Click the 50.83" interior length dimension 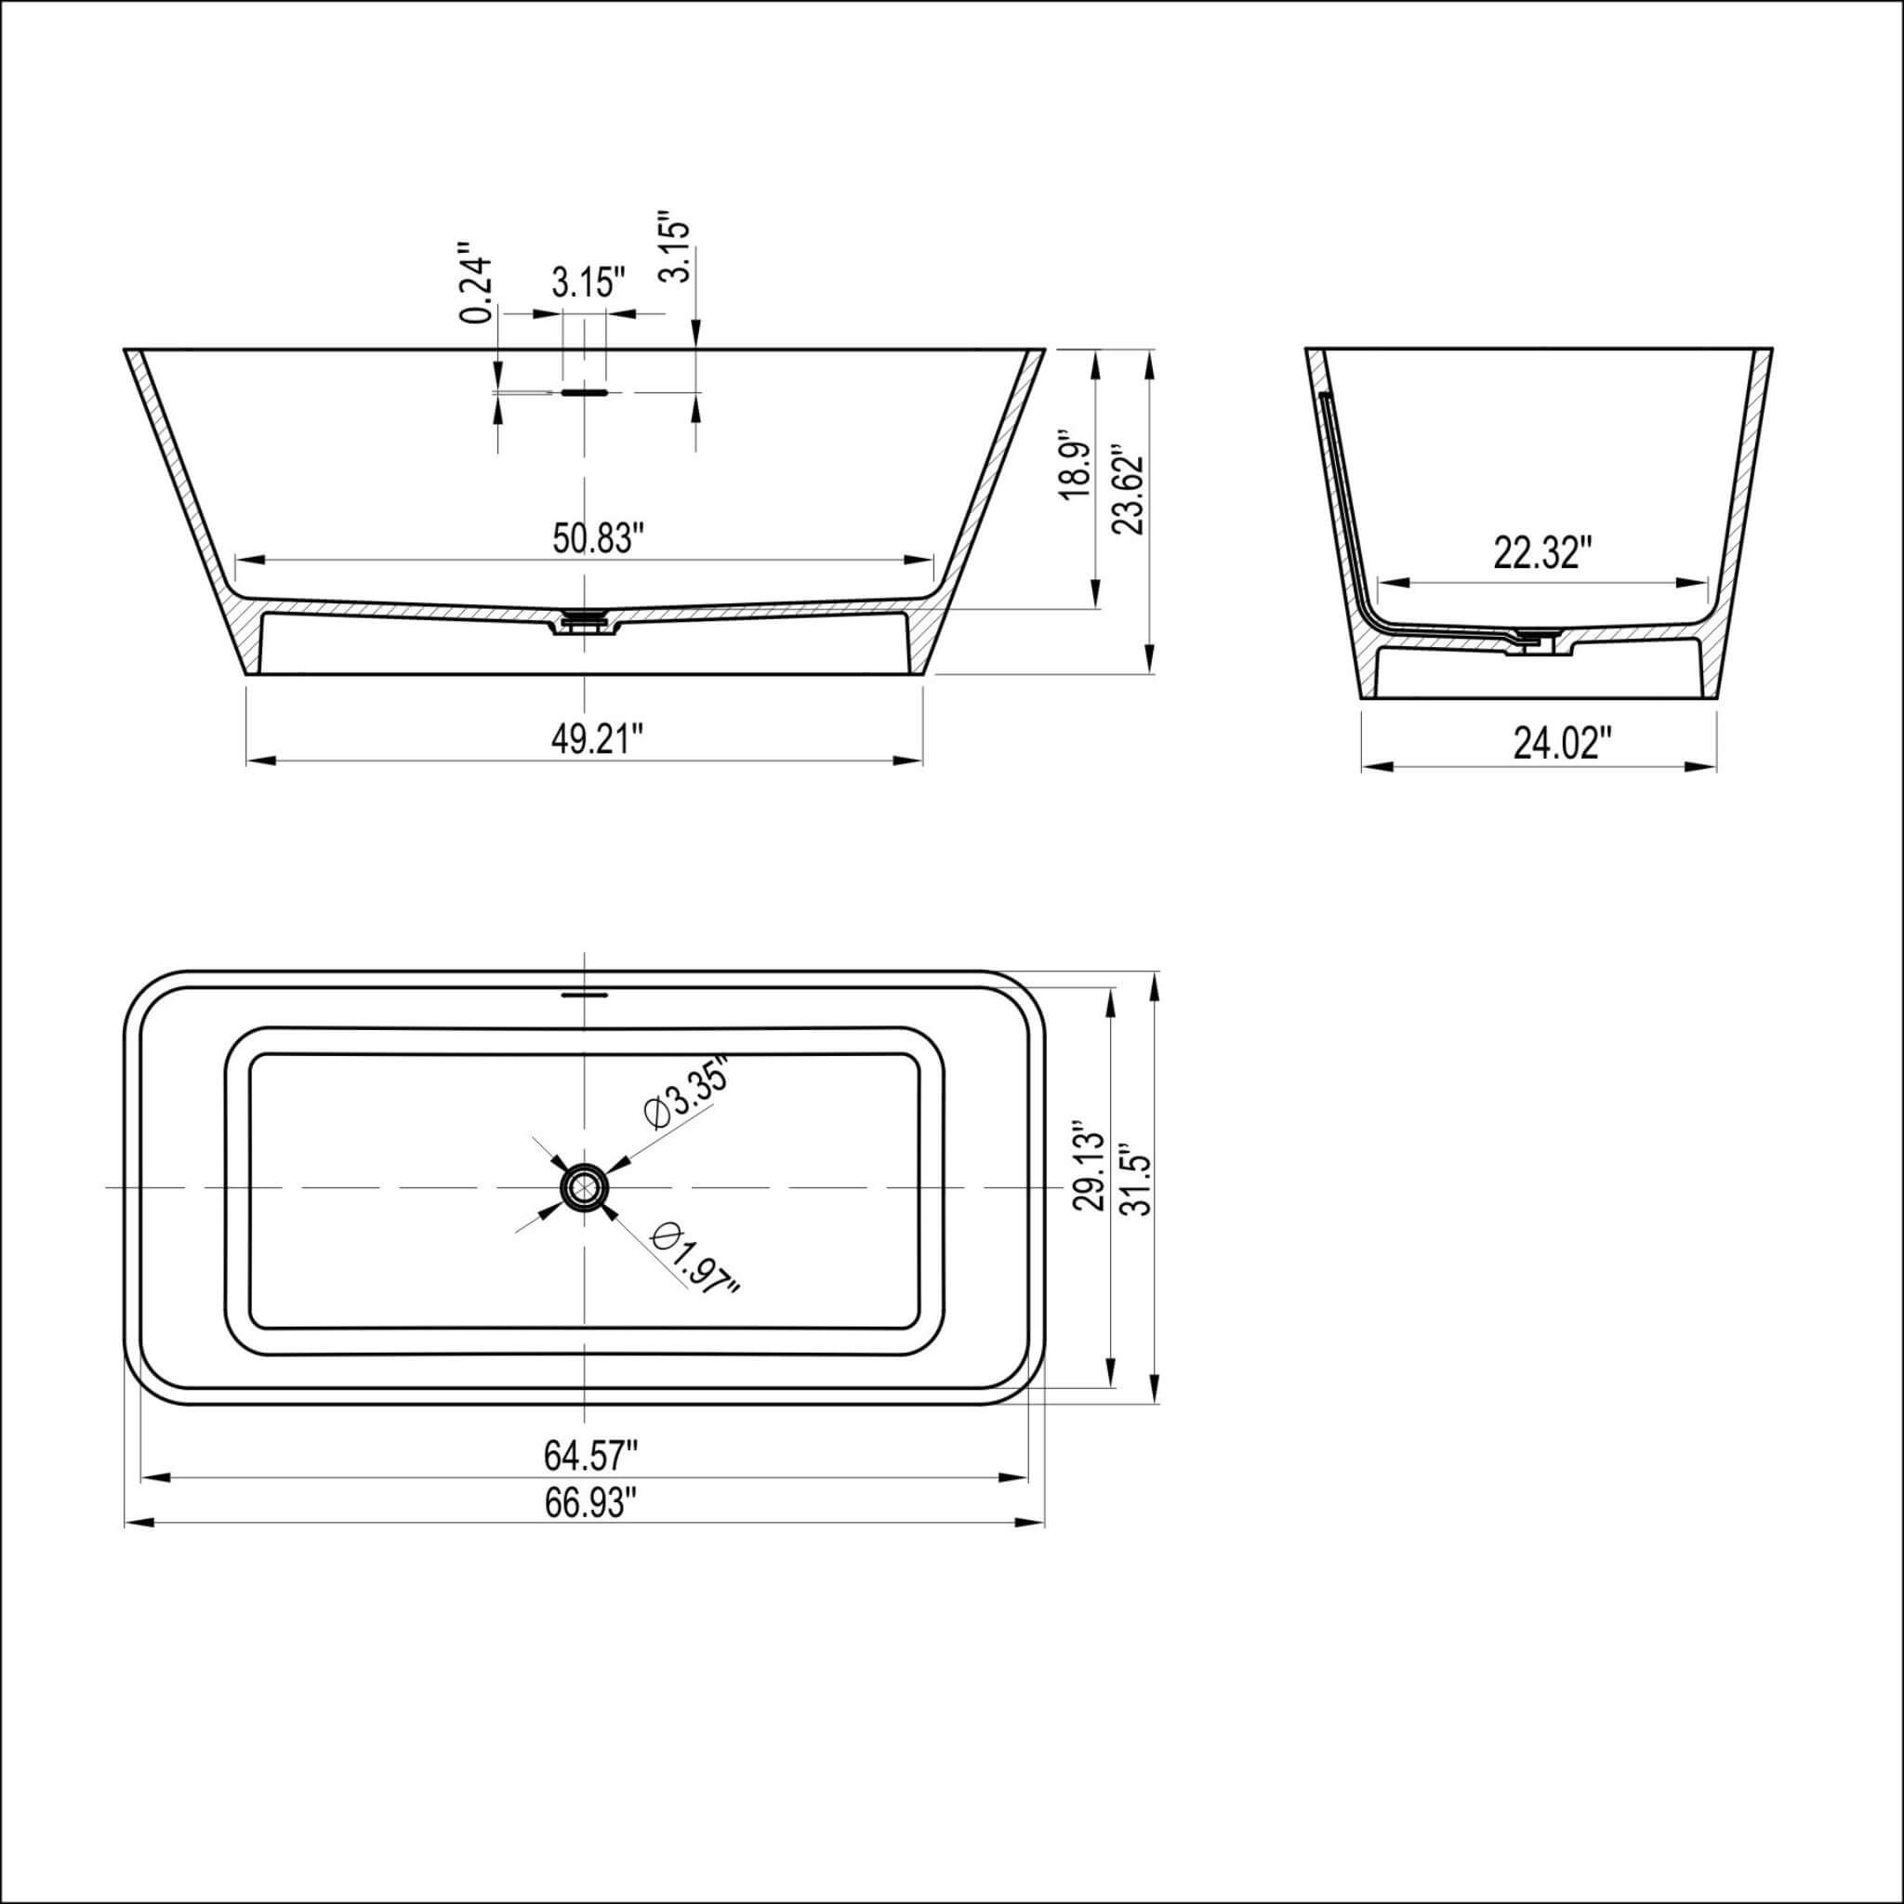597,539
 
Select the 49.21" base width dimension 597,739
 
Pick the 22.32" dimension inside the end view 1542,553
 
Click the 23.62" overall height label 1127,492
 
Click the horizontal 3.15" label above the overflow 588,284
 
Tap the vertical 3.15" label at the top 675,246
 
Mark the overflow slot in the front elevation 585,391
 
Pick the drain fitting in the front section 585,622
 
